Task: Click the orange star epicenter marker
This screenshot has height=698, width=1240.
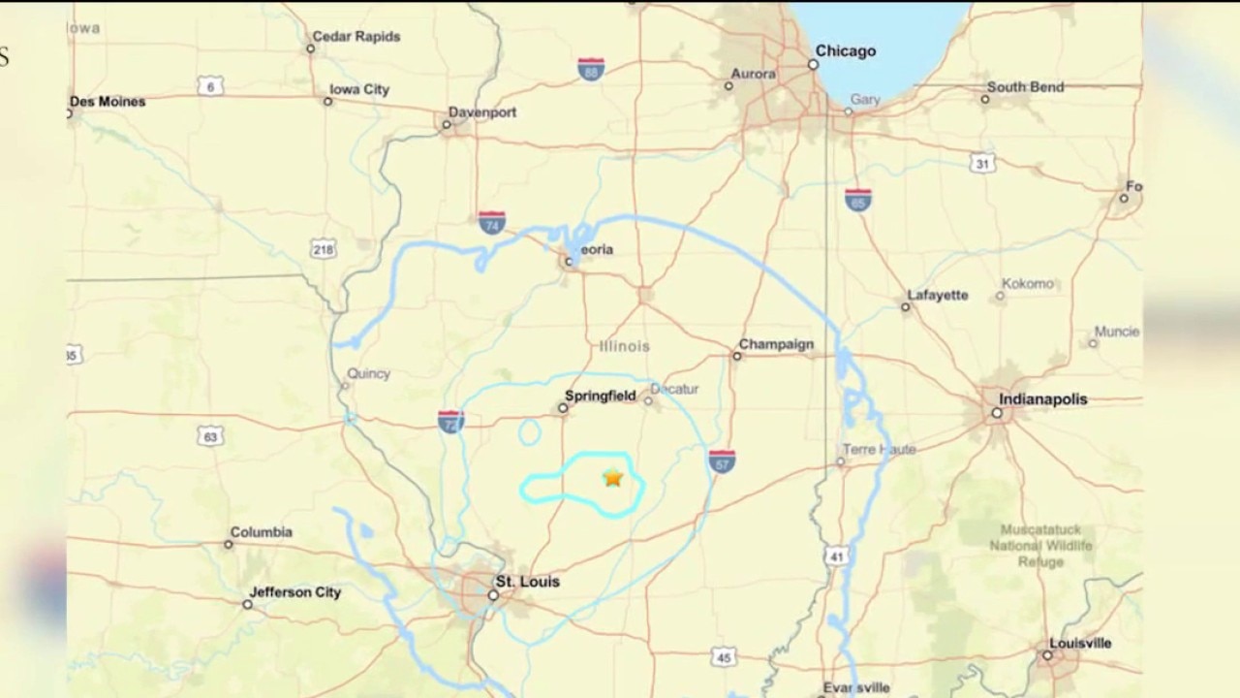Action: [612, 477]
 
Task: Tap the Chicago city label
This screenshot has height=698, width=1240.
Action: [845, 51]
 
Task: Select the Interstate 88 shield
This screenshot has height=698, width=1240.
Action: [591, 69]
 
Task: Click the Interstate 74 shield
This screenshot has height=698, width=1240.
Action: [492, 223]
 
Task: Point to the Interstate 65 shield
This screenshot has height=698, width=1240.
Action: [857, 200]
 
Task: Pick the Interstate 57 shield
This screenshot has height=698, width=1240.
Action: [722, 461]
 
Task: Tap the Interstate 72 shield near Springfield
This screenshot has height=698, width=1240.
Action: [450, 421]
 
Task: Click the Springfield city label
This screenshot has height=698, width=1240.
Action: [601, 396]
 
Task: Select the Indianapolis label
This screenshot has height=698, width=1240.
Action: [1043, 399]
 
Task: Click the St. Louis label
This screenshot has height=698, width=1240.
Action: [527, 583]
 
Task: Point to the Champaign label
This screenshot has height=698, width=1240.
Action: [776, 344]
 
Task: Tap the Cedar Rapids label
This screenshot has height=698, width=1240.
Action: [356, 37]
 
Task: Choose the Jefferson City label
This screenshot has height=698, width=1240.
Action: [294, 592]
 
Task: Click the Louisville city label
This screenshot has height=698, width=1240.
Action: [1080, 644]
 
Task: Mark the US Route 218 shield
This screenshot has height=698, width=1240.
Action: [324, 250]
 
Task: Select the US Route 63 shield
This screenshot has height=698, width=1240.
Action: [210, 436]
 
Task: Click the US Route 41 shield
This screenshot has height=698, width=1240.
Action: [836, 555]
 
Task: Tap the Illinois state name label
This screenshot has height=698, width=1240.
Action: [625, 346]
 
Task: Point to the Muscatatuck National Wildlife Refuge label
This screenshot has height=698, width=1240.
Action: [1040, 546]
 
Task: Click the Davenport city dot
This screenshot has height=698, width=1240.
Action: [448, 125]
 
